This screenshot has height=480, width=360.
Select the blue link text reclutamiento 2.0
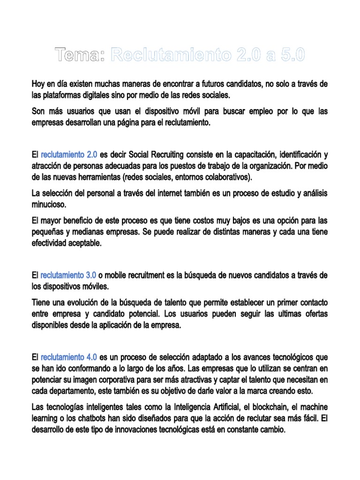tap(69, 154)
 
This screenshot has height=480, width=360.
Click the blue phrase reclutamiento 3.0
tap(68, 275)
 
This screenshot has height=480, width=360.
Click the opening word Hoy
tap(38, 84)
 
